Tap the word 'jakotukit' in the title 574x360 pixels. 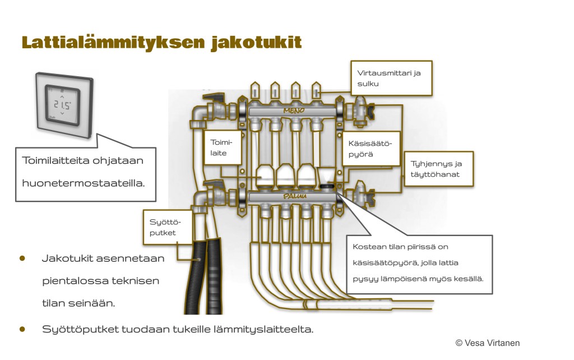pos(256,43)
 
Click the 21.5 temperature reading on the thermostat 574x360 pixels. pos(62,105)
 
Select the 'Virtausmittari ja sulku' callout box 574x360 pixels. pos(392,78)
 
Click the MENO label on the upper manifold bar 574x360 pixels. pos(293,111)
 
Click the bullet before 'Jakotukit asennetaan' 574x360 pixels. pos(23,259)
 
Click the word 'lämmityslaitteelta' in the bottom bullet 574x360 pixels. pos(266,329)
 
